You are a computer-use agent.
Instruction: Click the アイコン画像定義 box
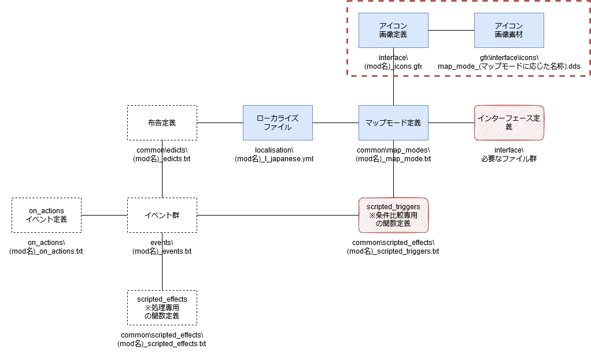pyautogui.click(x=393, y=30)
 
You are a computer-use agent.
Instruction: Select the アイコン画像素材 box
pyautogui.click(x=509, y=30)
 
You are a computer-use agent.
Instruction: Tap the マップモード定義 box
pyautogui.click(x=393, y=123)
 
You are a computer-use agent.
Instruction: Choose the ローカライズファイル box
pyautogui.click(x=278, y=123)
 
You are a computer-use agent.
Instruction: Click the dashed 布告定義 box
pyautogui.click(x=162, y=123)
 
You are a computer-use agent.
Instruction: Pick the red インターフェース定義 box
pyautogui.click(x=509, y=123)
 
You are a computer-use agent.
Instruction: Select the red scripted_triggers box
pyautogui.click(x=393, y=215)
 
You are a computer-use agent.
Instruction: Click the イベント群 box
pyautogui.click(x=162, y=215)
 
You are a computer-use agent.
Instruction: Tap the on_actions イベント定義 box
pyautogui.click(x=46, y=215)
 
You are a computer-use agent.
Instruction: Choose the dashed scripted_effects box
pyautogui.click(x=162, y=307)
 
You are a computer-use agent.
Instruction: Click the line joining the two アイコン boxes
pyautogui.click(x=451, y=30)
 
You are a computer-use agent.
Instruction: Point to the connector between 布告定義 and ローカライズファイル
pyautogui.click(x=220, y=123)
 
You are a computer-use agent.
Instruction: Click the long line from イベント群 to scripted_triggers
pyautogui.click(x=278, y=215)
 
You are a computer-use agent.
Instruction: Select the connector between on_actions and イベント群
pyautogui.click(x=105, y=215)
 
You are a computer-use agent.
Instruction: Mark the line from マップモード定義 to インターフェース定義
pyautogui.click(x=451, y=123)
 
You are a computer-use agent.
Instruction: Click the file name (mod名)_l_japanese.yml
pyautogui.click(x=274, y=159)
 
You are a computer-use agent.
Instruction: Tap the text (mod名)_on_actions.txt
pyautogui.click(x=46, y=251)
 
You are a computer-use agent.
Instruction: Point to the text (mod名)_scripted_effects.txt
pyautogui.click(x=162, y=343)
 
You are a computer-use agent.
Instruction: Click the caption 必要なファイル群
pyautogui.click(x=509, y=159)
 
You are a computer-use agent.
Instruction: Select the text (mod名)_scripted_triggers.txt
pyautogui.click(x=393, y=251)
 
